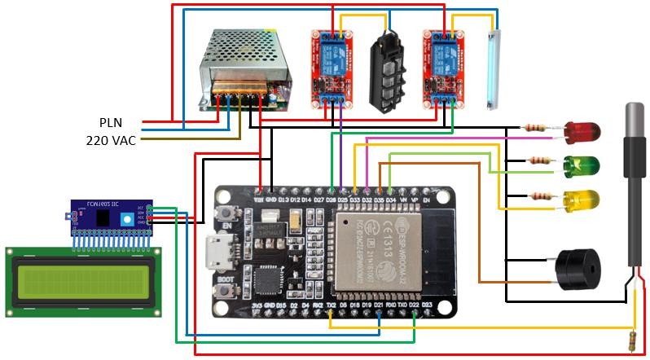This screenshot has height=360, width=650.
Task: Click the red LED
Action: pyautogui.click(x=582, y=130)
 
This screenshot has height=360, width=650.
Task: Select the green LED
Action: pyautogui.click(x=582, y=166)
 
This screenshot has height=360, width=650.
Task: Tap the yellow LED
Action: pyautogui.click(x=582, y=199)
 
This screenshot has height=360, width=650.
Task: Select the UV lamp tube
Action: pyautogui.click(x=494, y=69)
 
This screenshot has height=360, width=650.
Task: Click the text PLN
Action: pyautogui.click(x=111, y=122)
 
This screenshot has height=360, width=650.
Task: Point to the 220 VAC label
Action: pyautogui.click(x=111, y=139)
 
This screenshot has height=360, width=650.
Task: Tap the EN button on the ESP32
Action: pyautogui.click(x=225, y=215)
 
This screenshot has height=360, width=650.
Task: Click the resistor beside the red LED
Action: pyautogui.click(x=535, y=127)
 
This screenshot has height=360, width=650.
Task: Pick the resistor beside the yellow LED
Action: pyautogui.click(x=535, y=195)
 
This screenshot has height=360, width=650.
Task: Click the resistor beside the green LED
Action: pyautogui.click(x=535, y=160)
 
